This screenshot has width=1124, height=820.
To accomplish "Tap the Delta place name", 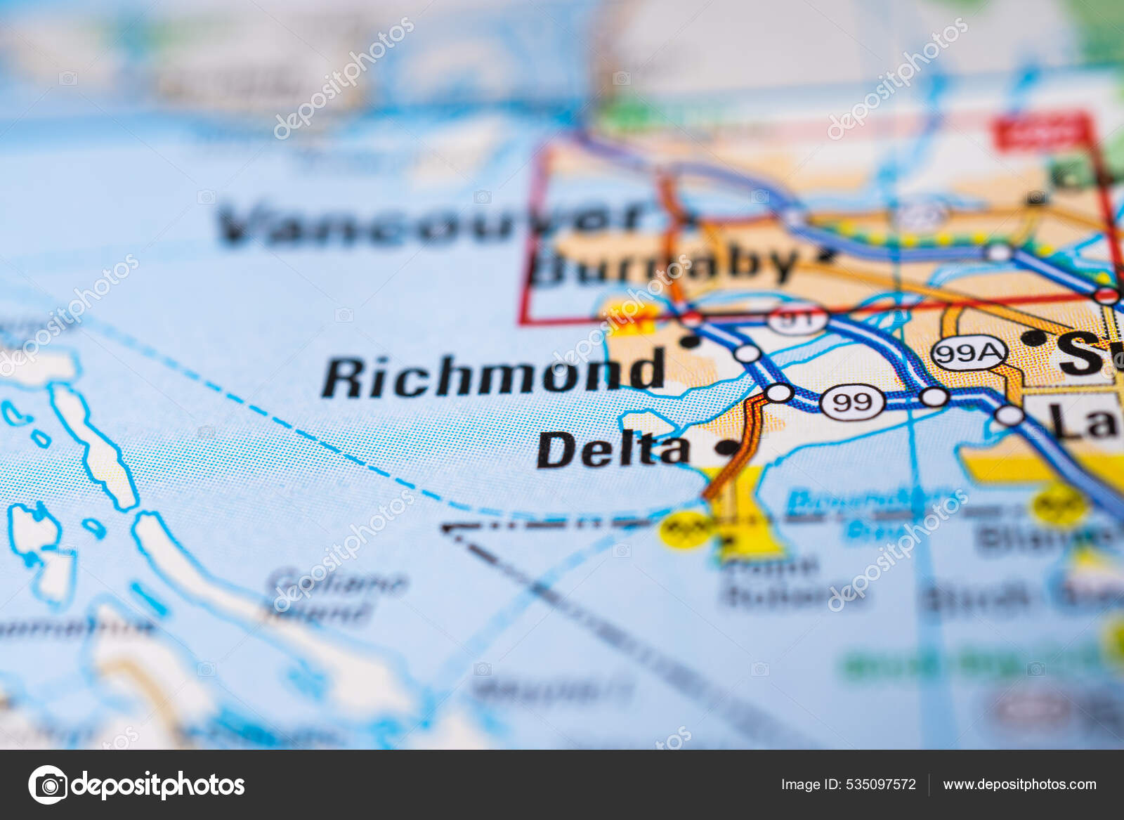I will pyautogui.click(x=613, y=450).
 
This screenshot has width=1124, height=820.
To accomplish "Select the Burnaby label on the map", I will pyautogui.click(x=664, y=265).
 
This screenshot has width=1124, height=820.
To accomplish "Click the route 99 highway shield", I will pyautogui.click(x=851, y=402).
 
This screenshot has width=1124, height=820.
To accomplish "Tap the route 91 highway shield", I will pyautogui.click(x=797, y=319).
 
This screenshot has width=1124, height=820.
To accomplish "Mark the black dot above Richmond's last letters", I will pyautogui.click(x=691, y=341).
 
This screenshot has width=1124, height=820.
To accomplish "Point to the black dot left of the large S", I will pyautogui.click(x=1033, y=338).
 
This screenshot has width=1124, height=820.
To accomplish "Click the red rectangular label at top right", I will pyautogui.click(x=1040, y=134).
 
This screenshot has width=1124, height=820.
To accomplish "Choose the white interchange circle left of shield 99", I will pyautogui.click(x=778, y=393).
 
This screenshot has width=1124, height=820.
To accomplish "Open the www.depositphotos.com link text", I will pyautogui.click(x=1019, y=784).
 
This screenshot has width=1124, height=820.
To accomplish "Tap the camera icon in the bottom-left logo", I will pyautogui.click(x=48, y=784).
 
